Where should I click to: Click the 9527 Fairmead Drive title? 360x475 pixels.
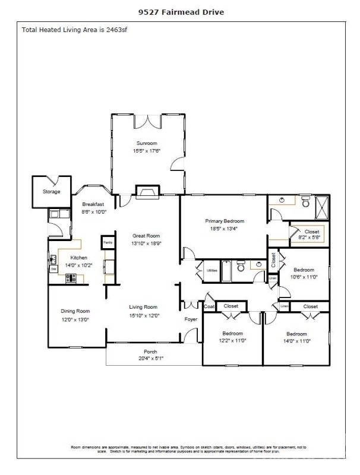(179, 11)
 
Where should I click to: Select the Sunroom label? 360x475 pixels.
(147, 144)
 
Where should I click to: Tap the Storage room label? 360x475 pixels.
(51, 192)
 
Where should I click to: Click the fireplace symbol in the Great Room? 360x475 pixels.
(147, 191)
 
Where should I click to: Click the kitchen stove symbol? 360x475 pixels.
(71, 277)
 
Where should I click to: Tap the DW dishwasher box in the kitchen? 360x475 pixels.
(53, 269)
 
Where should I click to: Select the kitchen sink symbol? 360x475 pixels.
(53, 258)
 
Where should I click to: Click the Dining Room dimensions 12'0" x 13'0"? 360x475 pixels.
(75, 319)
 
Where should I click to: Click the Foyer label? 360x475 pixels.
(190, 319)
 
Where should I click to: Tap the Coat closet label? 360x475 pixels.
(209, 306)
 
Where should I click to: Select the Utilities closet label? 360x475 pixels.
(211, 270)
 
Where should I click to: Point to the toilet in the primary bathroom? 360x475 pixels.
(305, 204)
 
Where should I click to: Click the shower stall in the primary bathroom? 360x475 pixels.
(322, 205)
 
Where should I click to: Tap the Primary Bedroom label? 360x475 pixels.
(225, 221)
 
